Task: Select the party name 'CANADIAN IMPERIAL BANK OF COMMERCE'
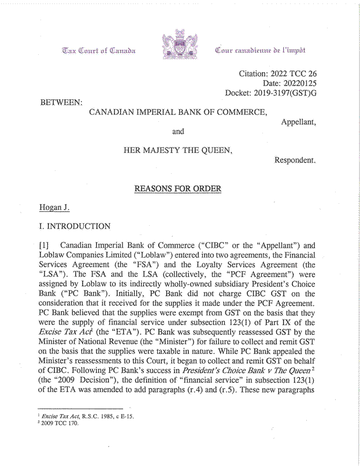(178, 112)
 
